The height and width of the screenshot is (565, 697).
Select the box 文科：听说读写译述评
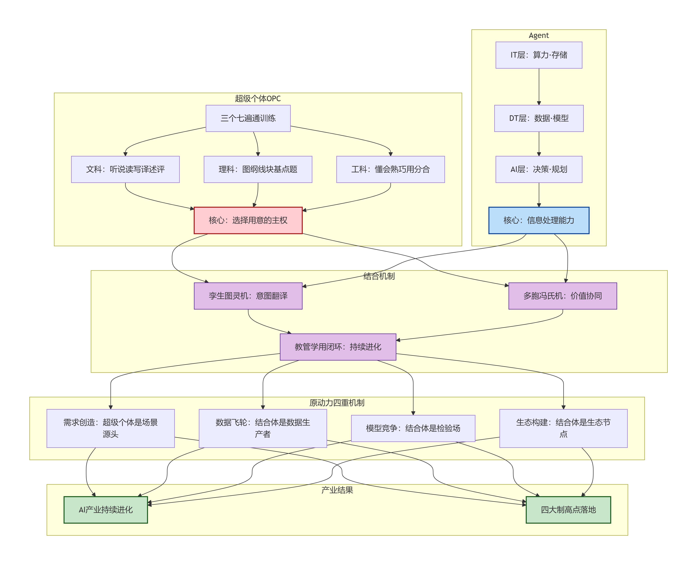coord(125,169)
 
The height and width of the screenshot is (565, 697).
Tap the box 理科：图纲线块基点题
coord(258,169)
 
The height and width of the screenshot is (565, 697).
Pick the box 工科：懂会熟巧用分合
coord(390,169)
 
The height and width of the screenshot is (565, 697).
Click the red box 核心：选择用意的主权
coord(248,220)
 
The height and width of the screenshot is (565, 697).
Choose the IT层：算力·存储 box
coord(539,55)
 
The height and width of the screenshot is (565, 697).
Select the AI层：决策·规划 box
coord(539,169)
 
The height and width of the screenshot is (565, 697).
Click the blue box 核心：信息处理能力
coord(539,220)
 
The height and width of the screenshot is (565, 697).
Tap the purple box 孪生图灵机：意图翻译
coord(248,296)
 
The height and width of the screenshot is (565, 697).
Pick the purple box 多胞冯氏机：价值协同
coord(562,296)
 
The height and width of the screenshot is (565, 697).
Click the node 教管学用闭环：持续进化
coord(338,347)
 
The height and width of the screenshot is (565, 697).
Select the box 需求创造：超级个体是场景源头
coord(111,428)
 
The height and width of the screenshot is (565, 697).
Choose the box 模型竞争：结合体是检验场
coord(413,428)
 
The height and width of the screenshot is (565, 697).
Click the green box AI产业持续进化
coord(106,510)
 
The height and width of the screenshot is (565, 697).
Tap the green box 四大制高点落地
coord(568,510)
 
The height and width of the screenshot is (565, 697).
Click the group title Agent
coord(539,35)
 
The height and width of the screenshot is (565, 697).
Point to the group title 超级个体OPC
coord(258,99)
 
